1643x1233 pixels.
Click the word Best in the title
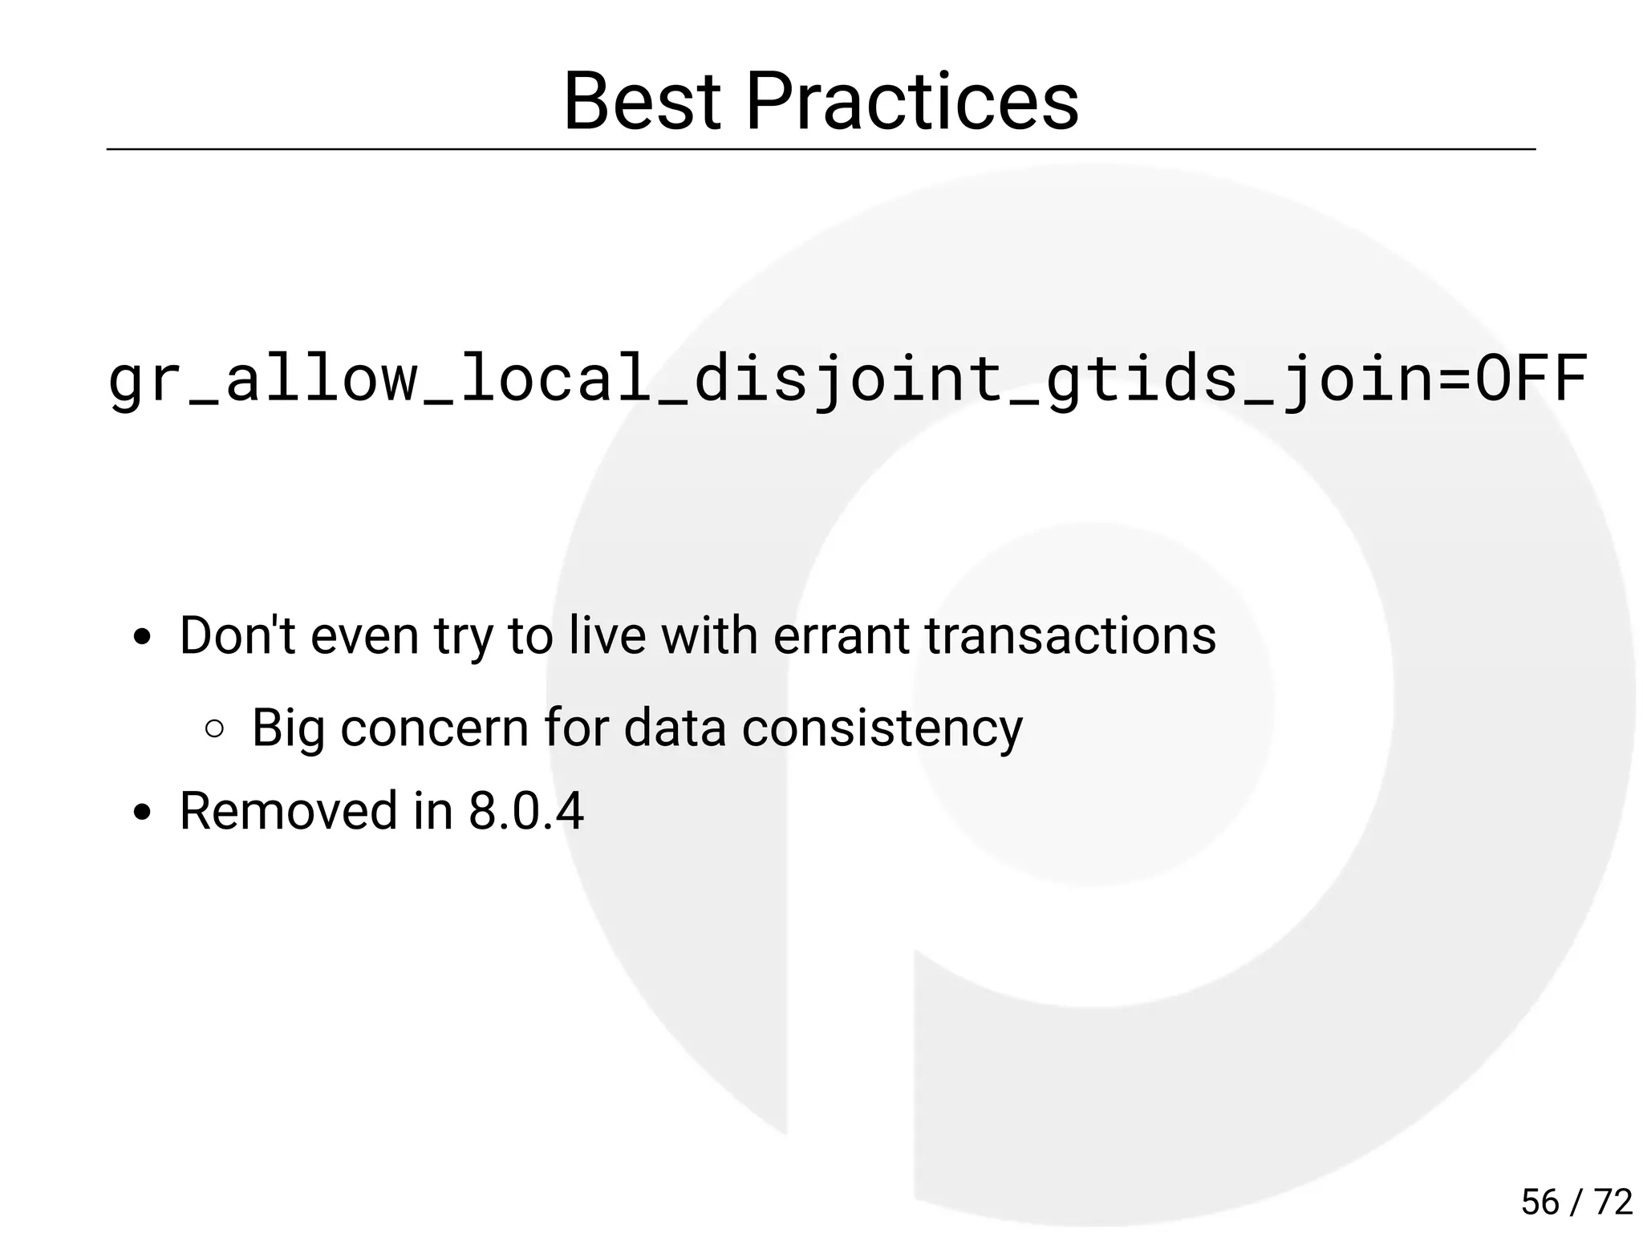642,102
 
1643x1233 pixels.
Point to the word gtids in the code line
1140,379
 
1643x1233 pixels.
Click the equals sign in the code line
1454,379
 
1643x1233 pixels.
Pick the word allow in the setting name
320,379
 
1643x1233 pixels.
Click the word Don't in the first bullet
237,635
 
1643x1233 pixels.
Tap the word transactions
1070,635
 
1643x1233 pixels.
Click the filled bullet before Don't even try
143,639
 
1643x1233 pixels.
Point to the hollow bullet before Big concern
214,728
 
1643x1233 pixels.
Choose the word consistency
882,728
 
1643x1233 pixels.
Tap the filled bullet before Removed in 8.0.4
143,813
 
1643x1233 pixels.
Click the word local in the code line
554,379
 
